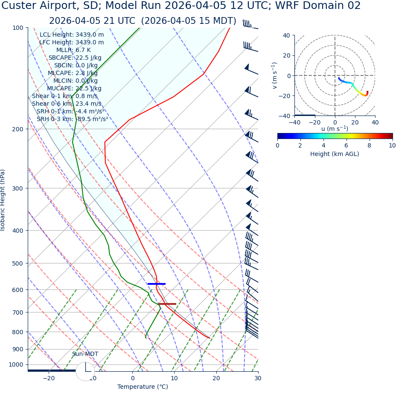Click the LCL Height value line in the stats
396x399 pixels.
tap(72, 35)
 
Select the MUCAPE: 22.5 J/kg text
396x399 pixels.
tap(75, 88)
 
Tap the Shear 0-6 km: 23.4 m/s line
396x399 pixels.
tap(67, 104)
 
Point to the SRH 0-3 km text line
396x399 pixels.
tap(72, 119)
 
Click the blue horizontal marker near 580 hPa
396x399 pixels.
tap(156, 284)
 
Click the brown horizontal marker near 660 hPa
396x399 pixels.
tap(167, 304)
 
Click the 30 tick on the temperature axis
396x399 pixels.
tap(258, 378)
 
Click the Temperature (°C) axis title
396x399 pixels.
tap(143, 387)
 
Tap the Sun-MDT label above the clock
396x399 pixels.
tap(85, 354)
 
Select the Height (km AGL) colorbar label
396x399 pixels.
tap(335, 154)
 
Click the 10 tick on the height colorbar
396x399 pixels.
tap(392, 145)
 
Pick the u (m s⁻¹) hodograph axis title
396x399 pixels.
tap(335, 129)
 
